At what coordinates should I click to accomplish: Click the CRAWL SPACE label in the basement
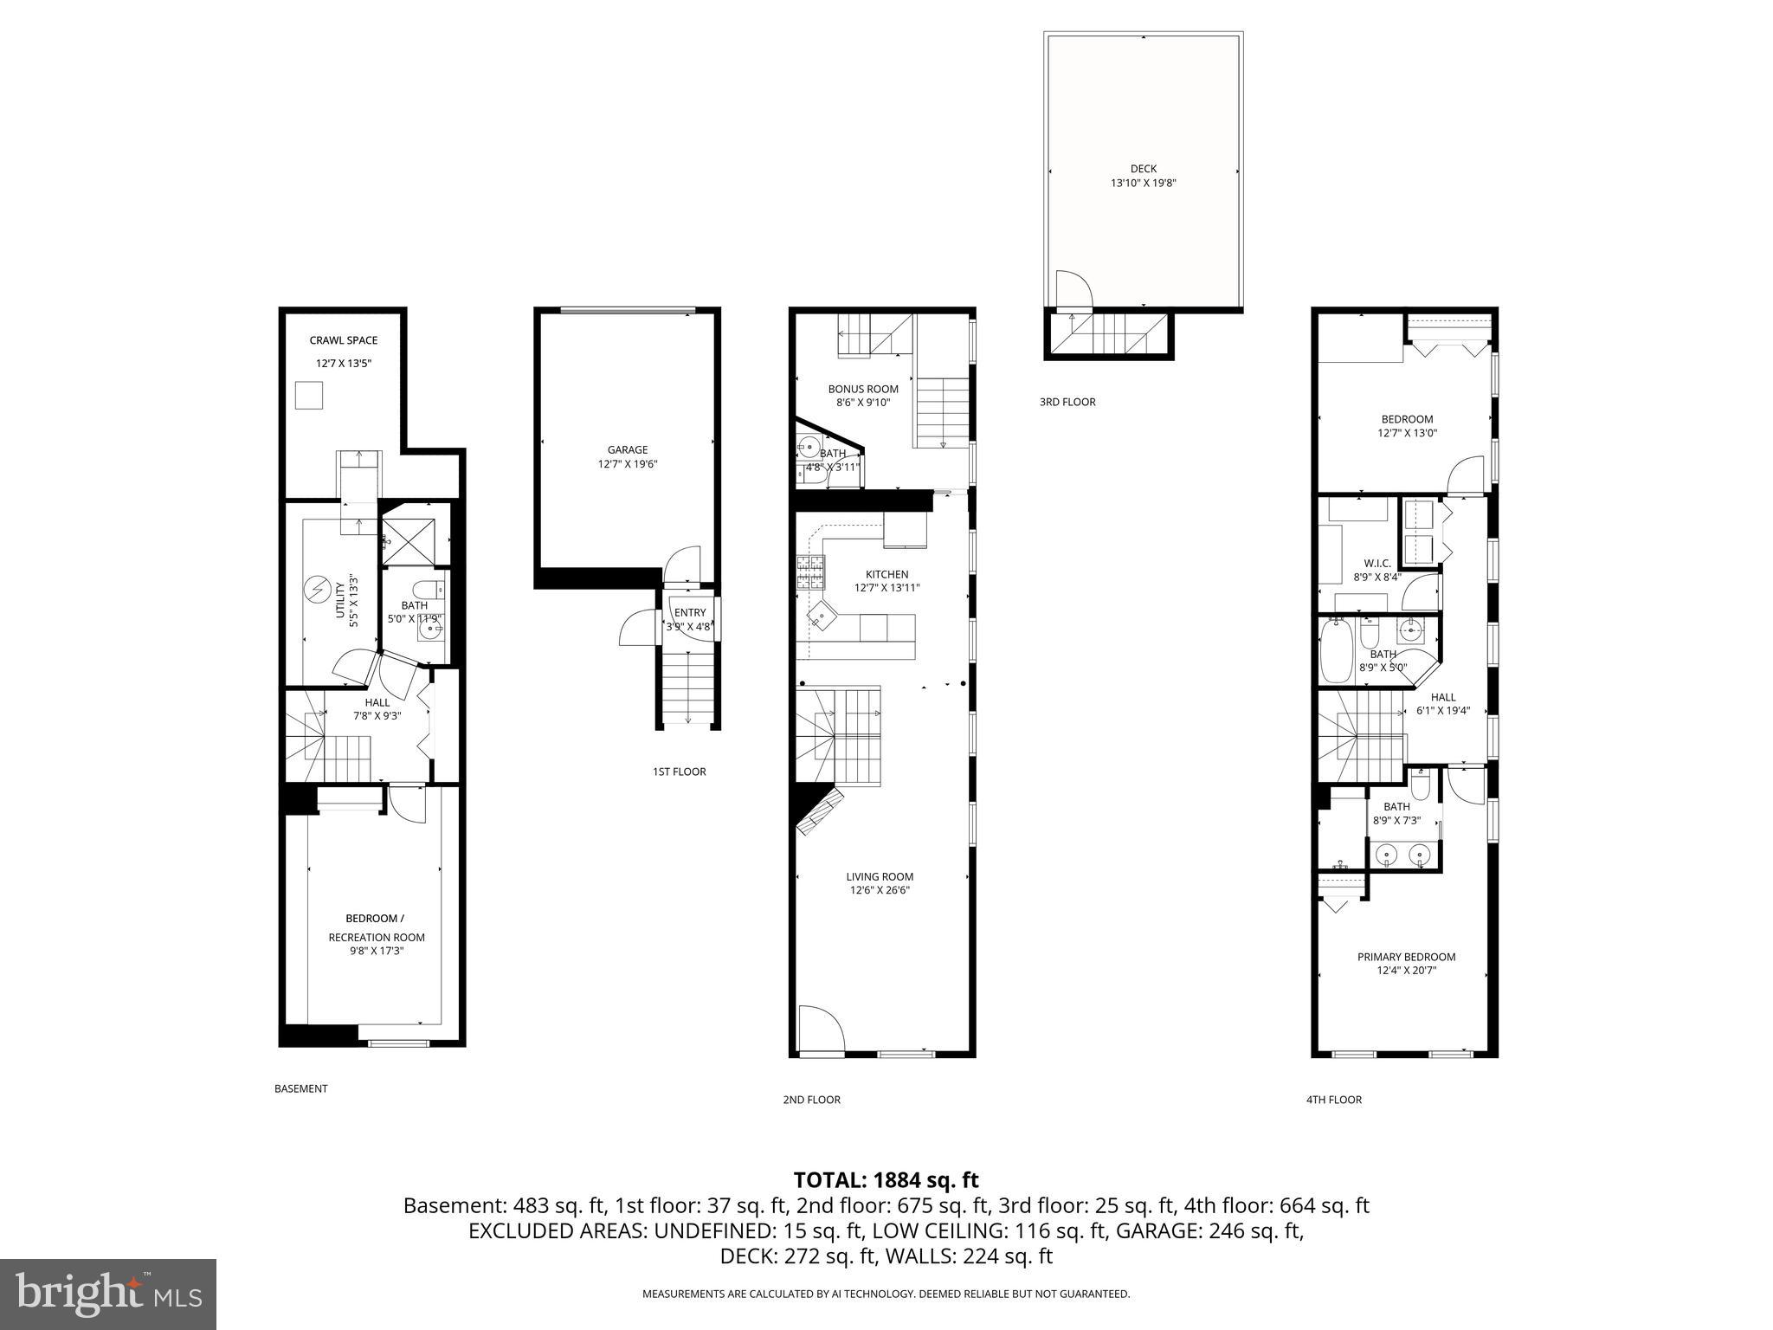pos(343,340)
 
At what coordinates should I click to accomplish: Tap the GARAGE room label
pos(627,449)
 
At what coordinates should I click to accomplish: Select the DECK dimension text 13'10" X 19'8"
pos(1143,184)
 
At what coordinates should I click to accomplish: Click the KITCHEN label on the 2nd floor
pos(886,574)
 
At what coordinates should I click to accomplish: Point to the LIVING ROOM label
pos(880,876)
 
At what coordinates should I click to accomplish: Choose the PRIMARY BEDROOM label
pos(1406,957)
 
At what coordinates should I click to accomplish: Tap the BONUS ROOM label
pos(862,389)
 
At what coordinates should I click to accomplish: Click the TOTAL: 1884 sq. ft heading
pos(886,1180)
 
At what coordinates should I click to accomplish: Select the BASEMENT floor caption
pos(300,1088)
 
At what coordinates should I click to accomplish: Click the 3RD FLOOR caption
pos(1067,402)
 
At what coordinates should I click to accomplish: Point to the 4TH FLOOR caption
pos(1333,1100)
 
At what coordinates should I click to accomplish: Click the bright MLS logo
pos(108,1294)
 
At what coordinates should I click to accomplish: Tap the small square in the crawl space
pos(309,396)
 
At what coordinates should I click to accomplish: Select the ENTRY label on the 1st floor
pos(690,613)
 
